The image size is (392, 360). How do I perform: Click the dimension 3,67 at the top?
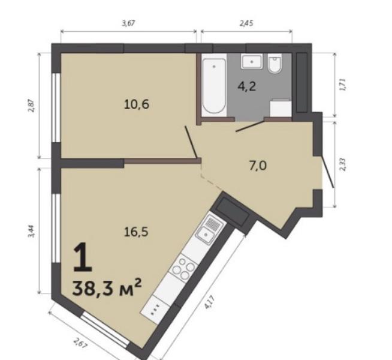click(x=128, y=23)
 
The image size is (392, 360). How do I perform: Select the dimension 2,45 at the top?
click(x=246, y=23)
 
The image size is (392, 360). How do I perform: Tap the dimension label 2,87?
click(x=30, y=106)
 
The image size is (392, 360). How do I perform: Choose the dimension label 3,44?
click(x=30, y=230)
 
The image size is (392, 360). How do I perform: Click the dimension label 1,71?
click(x=342, y=83)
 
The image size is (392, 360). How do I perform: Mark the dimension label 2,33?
click(x=342, y=164)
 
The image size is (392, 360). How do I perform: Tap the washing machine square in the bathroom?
click(x=279, y=108)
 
